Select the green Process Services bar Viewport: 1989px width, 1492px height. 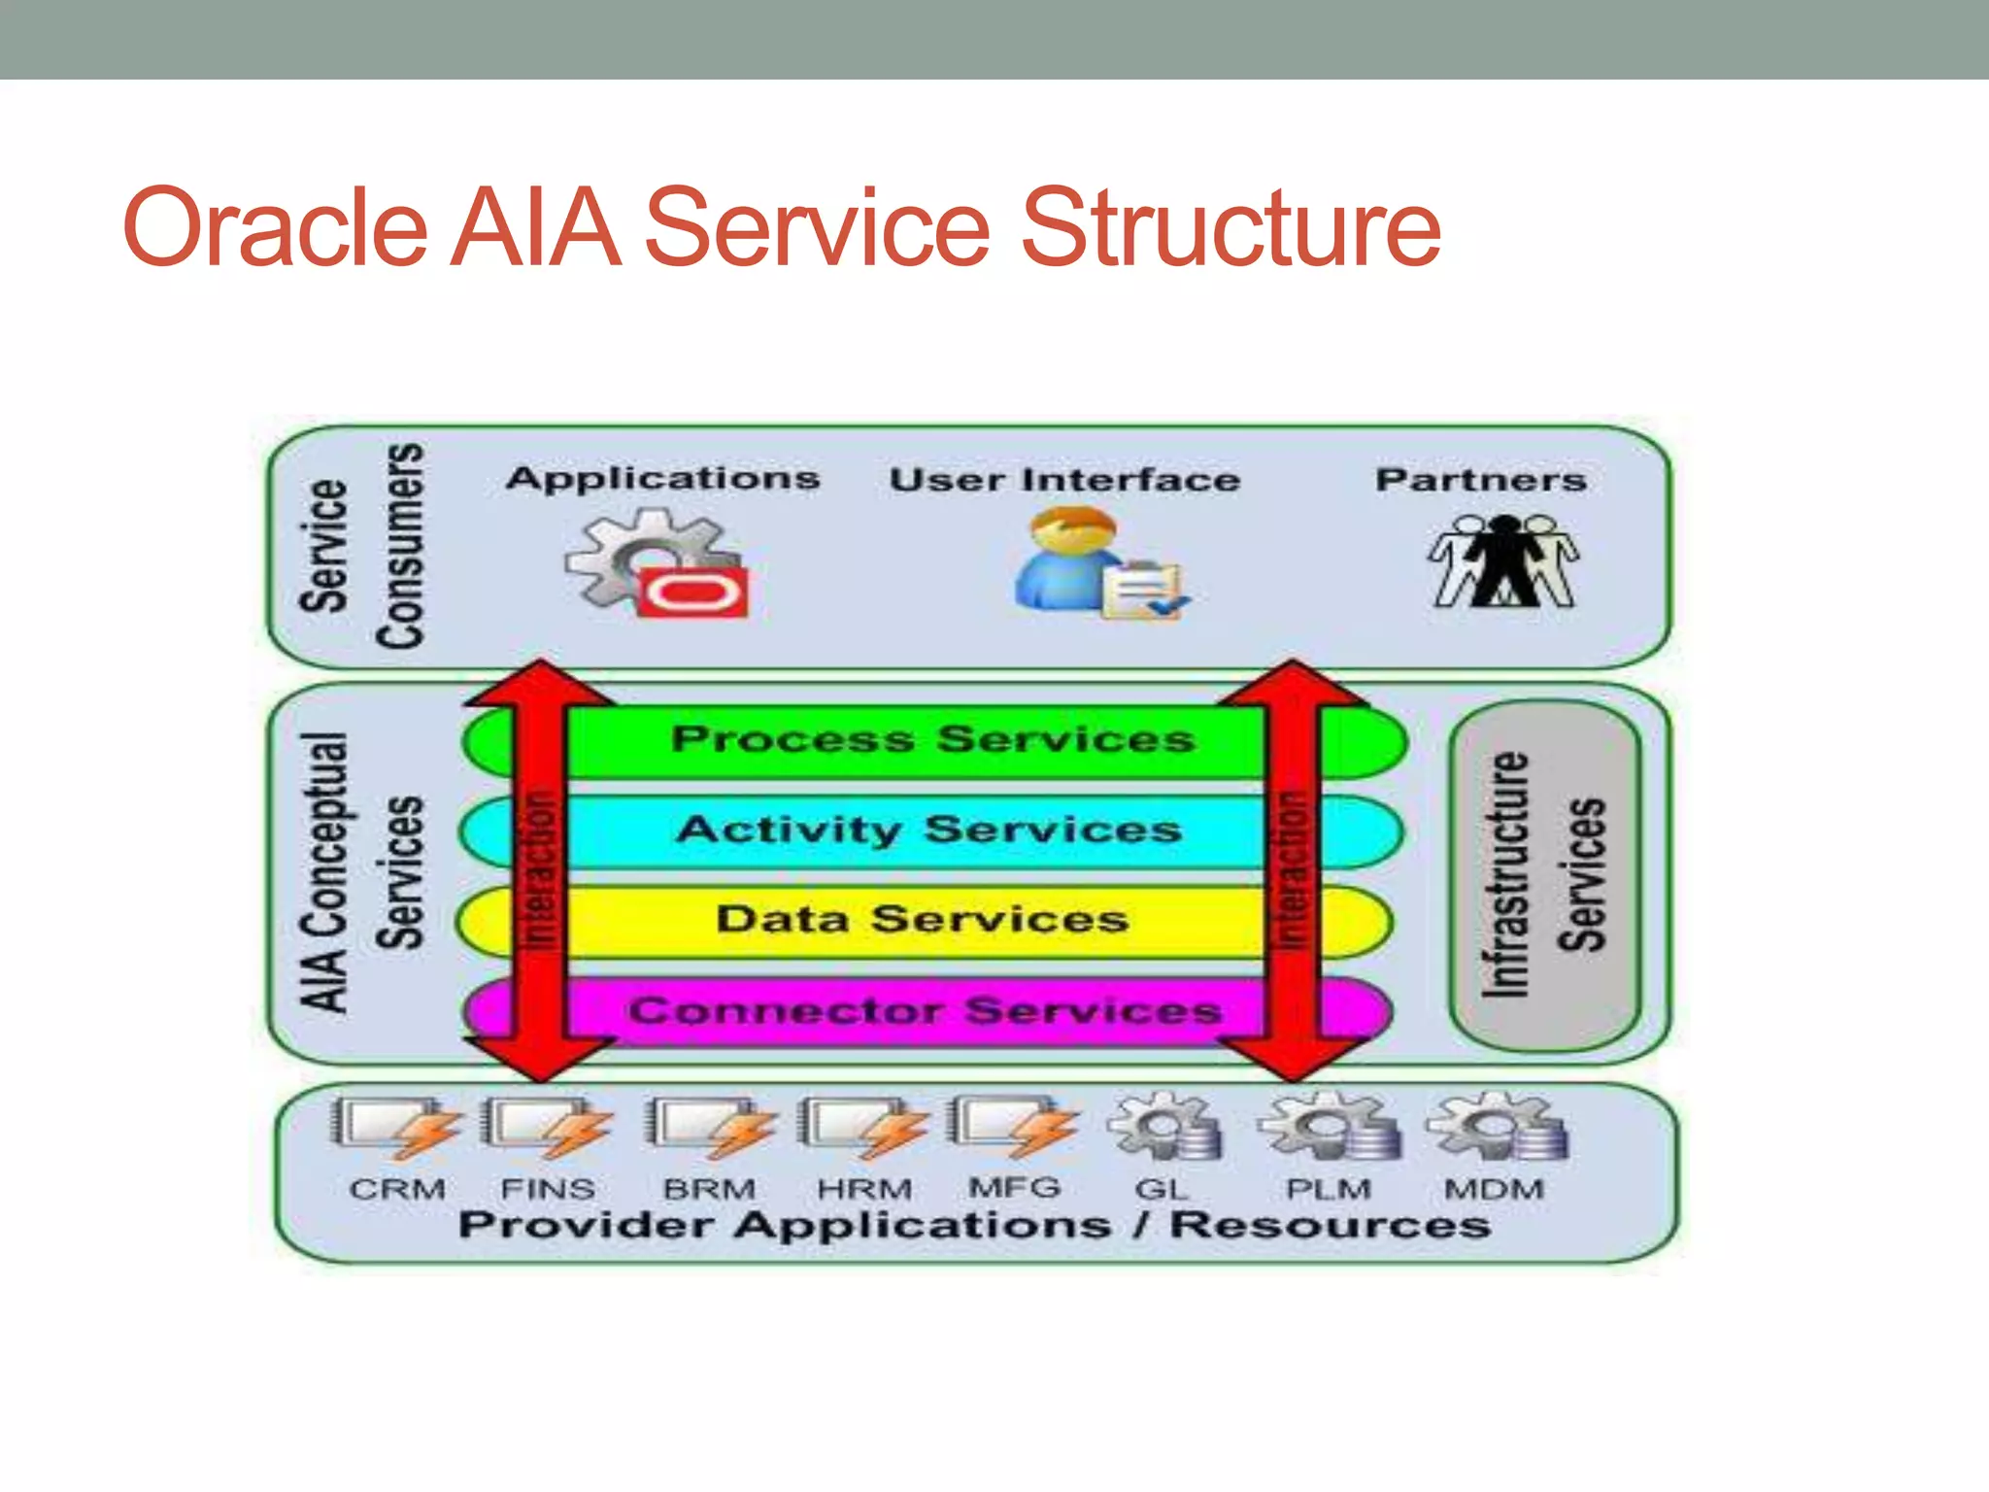click(932, 740)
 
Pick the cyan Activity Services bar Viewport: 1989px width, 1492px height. click(929, 831)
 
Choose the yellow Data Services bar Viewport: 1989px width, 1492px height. click(923, 920)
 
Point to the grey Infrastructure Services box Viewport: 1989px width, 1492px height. click(1544, 874)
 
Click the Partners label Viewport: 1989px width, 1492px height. click(1481, 480)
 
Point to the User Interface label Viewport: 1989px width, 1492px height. click(1064, 480)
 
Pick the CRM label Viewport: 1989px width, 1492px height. click(397, 1189)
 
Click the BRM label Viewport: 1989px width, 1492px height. click(709, 1189)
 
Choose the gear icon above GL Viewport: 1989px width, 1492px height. click(1164, 1127)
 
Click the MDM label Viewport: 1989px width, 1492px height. click(1494, 1189)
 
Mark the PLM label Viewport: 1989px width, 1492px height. click(1329, 1189)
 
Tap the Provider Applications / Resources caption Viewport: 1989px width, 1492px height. click(974, 1226)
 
